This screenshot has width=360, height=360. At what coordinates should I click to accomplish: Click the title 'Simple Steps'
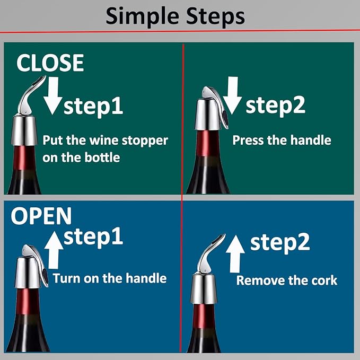(175, 16)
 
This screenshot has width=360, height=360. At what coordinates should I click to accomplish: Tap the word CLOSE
(50, 63)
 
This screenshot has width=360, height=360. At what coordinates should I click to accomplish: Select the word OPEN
(41, 216)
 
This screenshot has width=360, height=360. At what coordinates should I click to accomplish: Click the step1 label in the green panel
(93, 107)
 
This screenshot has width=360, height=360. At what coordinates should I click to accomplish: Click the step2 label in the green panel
(275, 106)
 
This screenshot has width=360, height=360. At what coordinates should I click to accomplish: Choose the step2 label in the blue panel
(280, 243)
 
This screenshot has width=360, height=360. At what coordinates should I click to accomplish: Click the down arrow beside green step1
(53, 96)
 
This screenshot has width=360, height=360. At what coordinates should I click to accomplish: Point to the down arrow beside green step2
(232, 95)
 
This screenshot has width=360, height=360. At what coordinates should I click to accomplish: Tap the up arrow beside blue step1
(54, 250)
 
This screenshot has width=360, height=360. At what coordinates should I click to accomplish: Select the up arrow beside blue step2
(235, 254)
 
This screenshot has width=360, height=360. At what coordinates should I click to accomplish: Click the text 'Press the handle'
(282, 140)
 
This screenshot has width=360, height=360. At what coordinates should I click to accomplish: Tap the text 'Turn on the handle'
(110, 278)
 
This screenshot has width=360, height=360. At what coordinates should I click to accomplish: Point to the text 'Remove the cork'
(287, 280)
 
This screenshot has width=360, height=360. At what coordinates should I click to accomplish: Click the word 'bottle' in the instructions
(102, 157)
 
